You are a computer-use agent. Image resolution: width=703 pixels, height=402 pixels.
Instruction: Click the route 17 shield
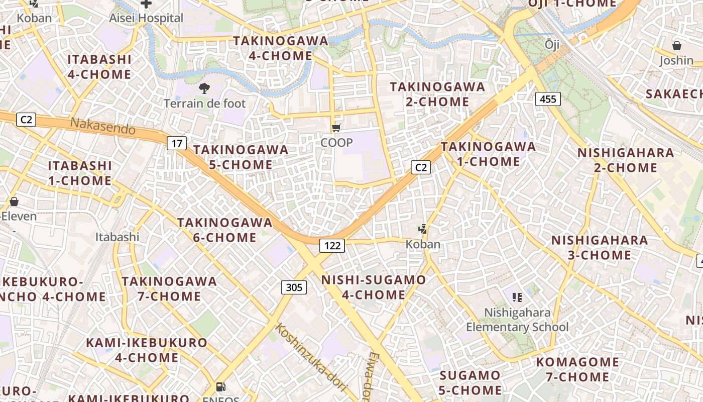(177, 143)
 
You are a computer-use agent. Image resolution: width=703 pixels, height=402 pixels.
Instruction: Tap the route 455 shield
(547, 99)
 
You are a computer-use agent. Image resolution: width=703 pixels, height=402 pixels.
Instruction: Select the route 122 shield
(332, 245)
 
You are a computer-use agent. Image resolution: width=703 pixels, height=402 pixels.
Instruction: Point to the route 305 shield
(294, 287)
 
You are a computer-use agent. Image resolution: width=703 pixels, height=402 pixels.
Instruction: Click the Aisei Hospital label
(146, 18)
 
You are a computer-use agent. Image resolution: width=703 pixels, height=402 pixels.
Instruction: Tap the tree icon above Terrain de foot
(204, 89)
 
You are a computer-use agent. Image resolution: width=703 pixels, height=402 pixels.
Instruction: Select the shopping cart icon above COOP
(336, 128)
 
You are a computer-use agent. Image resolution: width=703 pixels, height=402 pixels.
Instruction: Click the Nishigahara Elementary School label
(517, 320)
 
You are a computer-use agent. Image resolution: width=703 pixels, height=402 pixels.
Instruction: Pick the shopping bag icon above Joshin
(676, 46)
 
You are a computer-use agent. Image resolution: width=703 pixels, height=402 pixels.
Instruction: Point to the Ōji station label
(552, 45)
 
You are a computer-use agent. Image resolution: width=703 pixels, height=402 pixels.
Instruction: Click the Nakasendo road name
(102, 126)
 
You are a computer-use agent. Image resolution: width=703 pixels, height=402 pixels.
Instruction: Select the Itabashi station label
(117, 237)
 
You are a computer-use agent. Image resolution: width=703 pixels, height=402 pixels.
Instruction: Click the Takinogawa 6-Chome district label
(224, 230)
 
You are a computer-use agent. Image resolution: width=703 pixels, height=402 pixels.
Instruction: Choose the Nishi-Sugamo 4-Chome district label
(373, 287)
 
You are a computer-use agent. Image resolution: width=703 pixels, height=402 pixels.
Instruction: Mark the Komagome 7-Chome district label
(577, 369)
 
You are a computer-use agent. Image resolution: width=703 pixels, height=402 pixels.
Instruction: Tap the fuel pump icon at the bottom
(220, 386)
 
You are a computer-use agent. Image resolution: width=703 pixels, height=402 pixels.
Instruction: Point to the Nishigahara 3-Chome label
(600, 247)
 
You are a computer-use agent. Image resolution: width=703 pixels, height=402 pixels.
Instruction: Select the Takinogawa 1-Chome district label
(488, 154)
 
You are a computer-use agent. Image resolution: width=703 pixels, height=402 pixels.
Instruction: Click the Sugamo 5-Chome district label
(470, 382)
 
